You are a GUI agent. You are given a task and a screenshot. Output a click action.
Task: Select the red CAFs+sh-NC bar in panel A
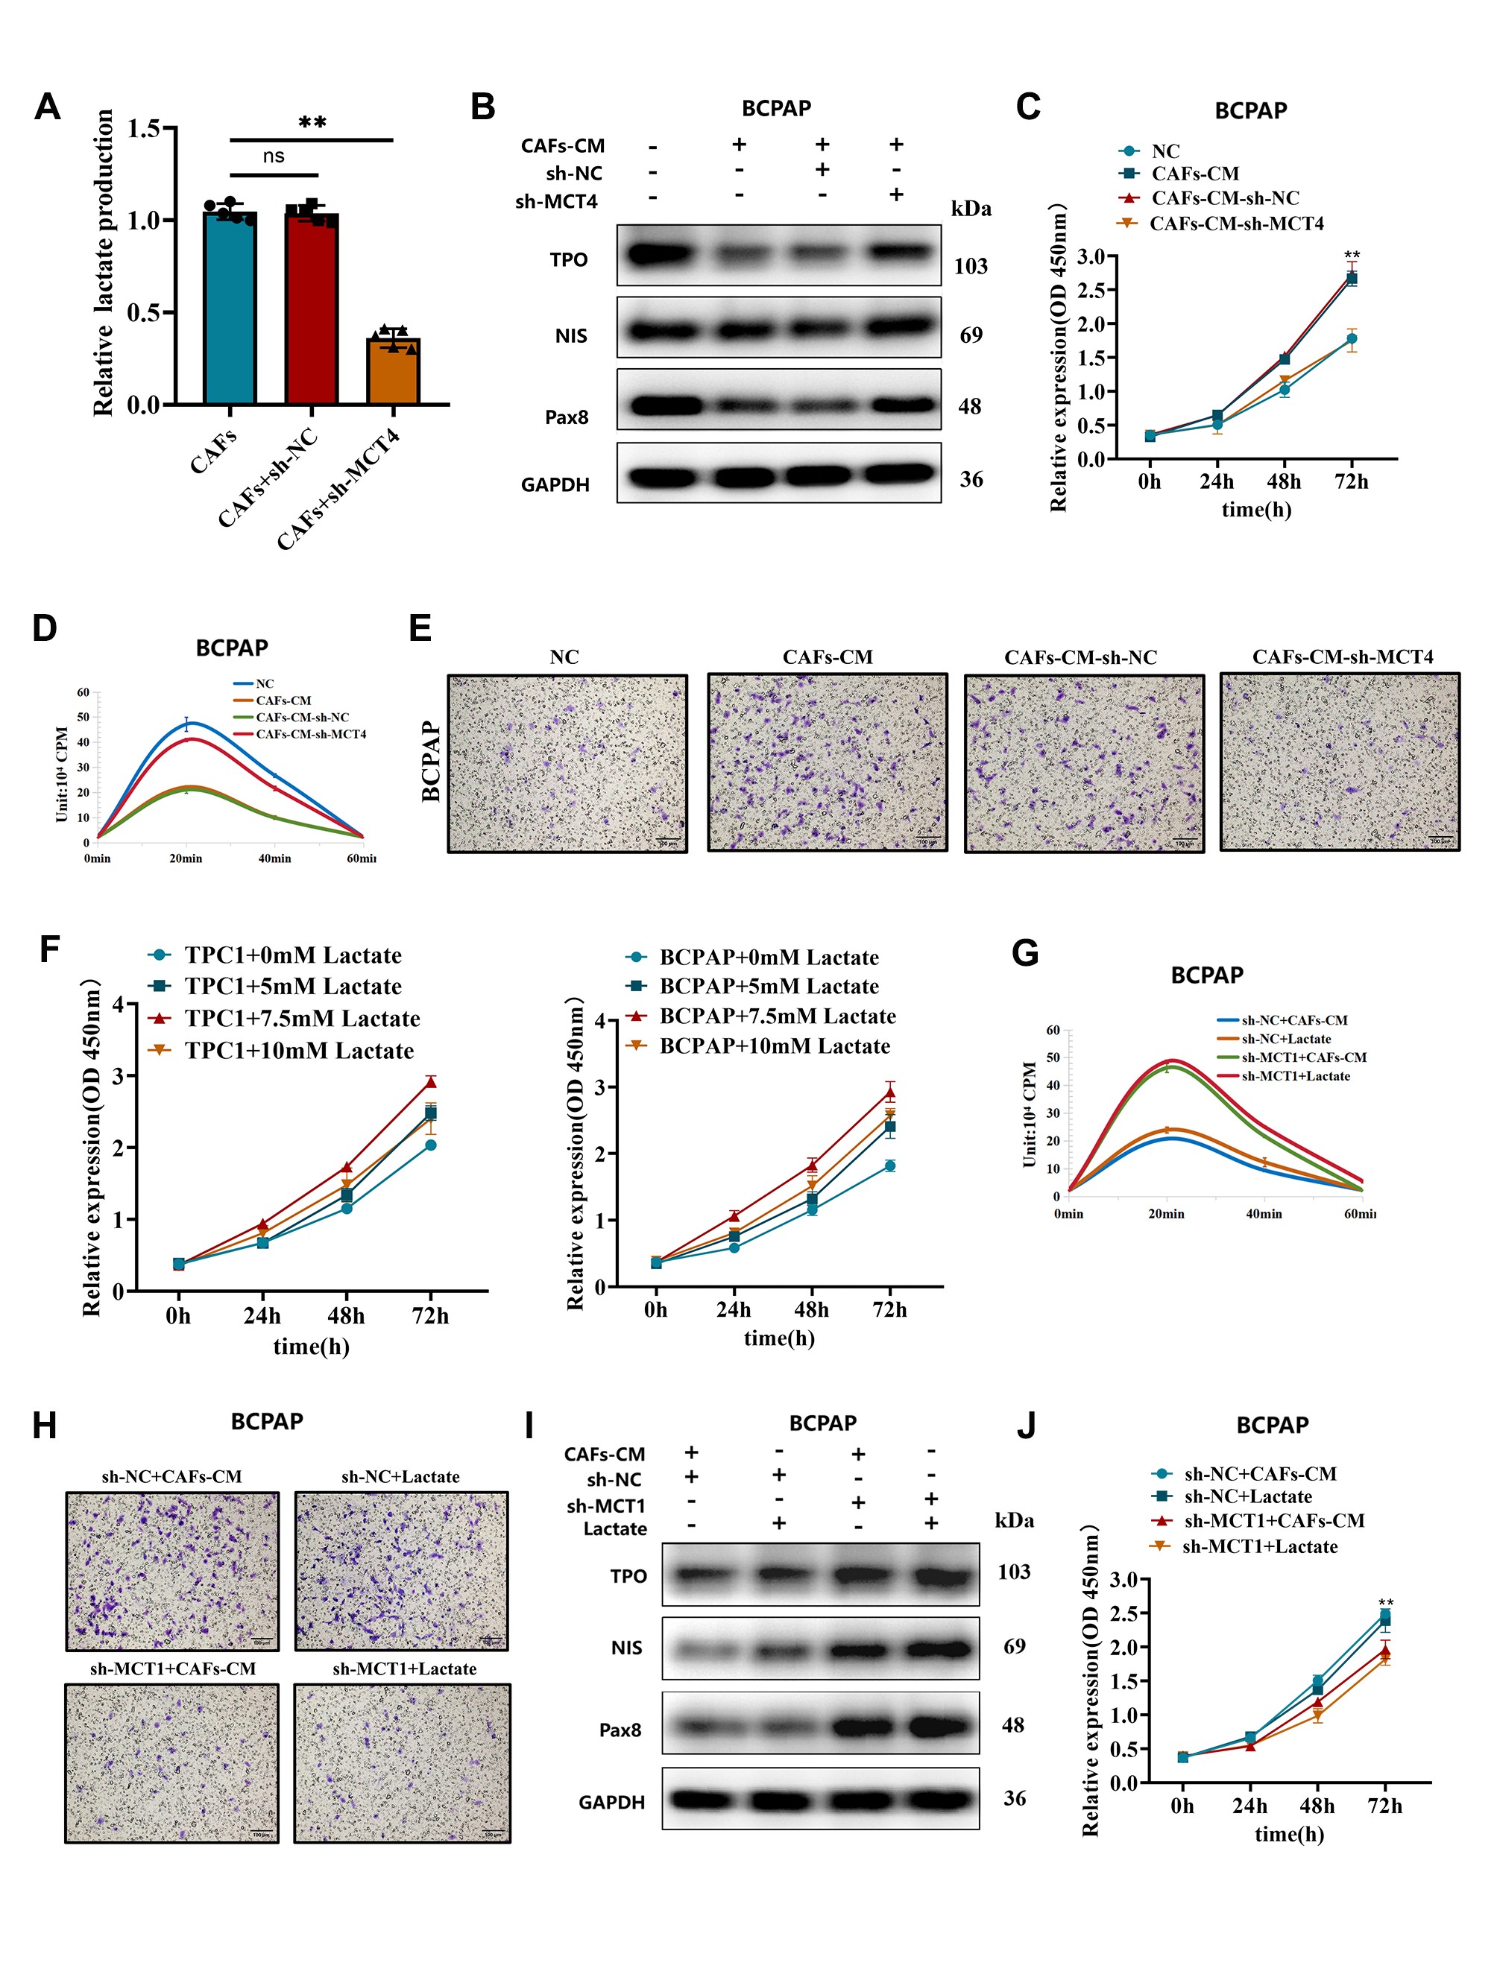(x=312, y=309)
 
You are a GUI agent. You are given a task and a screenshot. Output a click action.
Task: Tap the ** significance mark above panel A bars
(x=312, y=123)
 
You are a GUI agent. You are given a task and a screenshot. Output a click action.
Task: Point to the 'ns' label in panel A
(x=273, y=156)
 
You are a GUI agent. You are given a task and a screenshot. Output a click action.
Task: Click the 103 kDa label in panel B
(x=971, y=266)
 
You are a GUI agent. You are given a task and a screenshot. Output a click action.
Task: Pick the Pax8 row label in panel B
(x=567, y=417)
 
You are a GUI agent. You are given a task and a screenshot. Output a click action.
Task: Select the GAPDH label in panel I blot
(x=611, y=1802)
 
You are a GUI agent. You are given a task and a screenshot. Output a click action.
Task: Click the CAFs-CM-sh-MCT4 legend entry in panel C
(x=1235, y=224)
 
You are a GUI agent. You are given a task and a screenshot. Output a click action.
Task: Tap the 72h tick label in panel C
(x=1351, y=481)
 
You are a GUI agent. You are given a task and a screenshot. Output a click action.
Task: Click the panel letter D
(x=44, y=627)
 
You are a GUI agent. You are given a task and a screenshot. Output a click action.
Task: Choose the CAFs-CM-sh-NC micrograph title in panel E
(x=1081, y=658)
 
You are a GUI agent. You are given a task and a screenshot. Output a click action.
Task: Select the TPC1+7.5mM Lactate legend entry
(x=302, y=1019)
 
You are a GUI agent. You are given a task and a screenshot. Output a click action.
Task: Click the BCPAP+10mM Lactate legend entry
(x=775, y=1046)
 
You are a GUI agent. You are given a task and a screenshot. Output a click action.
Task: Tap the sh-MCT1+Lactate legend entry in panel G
(x=1295, y=1076)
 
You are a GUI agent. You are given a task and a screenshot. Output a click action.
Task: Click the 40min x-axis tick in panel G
(x=1264, y=1214)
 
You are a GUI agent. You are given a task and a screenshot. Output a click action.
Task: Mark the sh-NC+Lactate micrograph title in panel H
(x=400, y=1477)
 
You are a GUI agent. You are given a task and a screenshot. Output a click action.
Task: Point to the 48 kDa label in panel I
(x=1012, y=1725)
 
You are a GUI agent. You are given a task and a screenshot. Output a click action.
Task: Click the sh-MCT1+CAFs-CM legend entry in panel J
(x=1273, y=1521)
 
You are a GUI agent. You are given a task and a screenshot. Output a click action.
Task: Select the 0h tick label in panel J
(x=1182, y=1806)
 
